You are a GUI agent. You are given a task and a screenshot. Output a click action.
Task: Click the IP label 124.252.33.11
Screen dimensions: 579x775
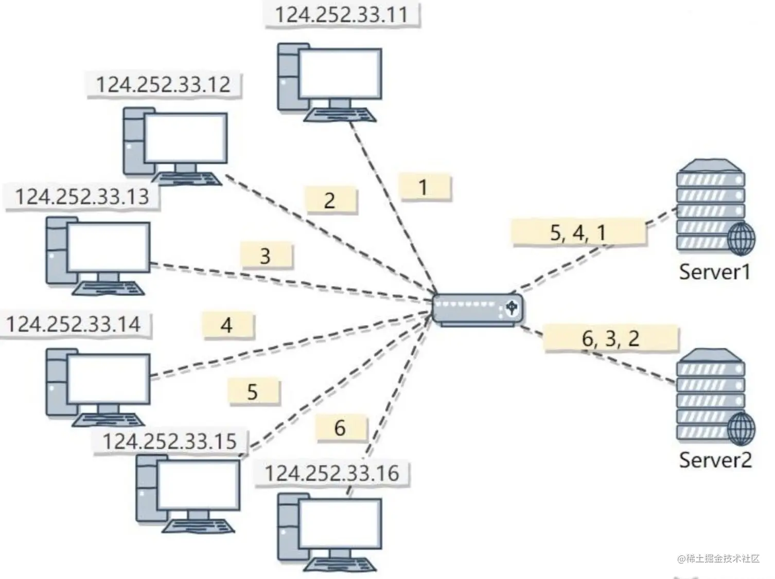click(x=341, y=14)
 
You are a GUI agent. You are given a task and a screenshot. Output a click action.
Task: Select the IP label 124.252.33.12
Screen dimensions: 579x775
click(x=163, y=84)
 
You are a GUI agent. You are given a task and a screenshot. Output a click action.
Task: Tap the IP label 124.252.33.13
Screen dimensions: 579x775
click(x=82, y=196)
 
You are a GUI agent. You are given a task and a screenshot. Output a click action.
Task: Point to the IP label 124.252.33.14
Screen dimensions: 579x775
click(x=73, y=324)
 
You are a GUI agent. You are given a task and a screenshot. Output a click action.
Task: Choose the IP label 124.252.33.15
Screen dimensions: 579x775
click(x=169, y=441)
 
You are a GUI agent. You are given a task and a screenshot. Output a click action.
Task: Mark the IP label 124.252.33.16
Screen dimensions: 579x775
click(x=331, y=473)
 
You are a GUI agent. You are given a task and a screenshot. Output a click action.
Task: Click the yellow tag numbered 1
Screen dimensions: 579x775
click(x=424, y=187)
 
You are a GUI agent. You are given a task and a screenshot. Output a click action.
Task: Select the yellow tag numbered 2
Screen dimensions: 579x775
click(x=330, y=200)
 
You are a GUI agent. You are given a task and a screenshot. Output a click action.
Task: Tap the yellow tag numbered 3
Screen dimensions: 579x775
click(x=266, y=256)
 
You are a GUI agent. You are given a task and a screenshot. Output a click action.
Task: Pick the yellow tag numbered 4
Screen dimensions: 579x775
click(x=227, y=325)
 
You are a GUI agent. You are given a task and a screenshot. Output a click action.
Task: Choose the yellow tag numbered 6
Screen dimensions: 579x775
click(x=341, y=428)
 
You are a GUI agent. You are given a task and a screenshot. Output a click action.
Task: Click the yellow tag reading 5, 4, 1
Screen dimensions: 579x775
click(x=578, y=232)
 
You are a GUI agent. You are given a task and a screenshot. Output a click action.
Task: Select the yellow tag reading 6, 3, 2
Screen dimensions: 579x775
click(x=611, y=338)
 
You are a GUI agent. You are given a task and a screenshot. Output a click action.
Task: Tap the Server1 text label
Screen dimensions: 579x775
click(x=714, y=271)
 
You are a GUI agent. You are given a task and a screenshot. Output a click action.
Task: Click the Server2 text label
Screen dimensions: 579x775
click(x=715, y=459)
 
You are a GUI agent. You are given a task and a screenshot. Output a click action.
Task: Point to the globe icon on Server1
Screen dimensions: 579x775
click(x=742, y=239)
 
